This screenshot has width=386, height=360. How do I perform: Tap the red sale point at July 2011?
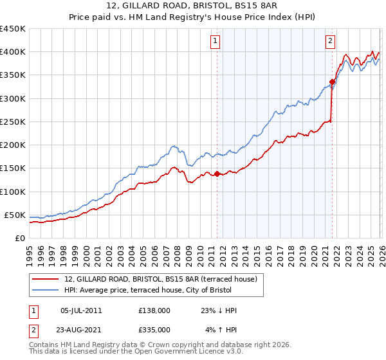(x=217, y=174)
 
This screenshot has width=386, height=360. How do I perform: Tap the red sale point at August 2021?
(x=332, y=82)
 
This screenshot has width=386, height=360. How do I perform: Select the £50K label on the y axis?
(x=15, y=215)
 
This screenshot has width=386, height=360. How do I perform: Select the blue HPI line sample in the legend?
(x=46, y=291)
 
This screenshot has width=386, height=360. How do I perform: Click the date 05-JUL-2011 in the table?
(x=80, y=310)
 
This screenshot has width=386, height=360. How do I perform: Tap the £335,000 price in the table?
(x=154, y=330)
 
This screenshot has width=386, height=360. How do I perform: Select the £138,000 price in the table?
(x=154, y=310)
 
